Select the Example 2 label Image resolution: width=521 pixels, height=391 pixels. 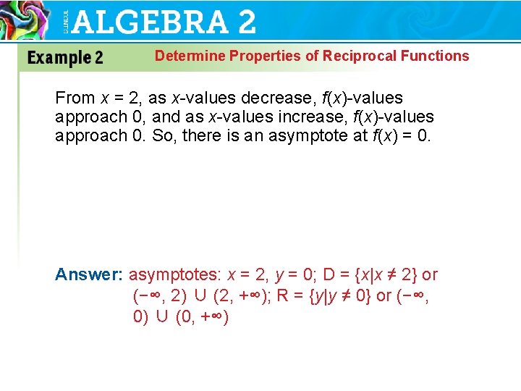[65, 58]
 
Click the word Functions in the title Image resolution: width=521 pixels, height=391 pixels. [434, 56]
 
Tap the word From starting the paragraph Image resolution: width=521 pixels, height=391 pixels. [75, 98]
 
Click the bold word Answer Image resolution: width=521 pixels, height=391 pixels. [89, 274]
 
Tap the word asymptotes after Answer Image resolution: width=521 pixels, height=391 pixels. [174, 274]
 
